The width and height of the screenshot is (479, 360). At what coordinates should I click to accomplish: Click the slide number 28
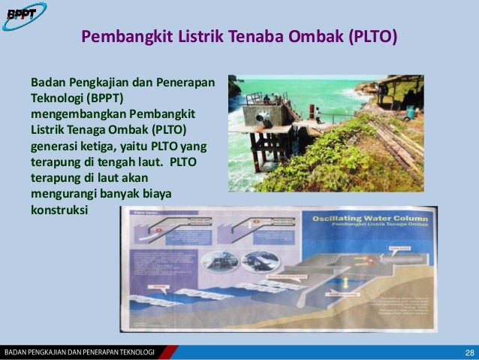469,352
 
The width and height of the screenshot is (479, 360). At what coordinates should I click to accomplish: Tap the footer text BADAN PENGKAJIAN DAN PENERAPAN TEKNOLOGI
79,352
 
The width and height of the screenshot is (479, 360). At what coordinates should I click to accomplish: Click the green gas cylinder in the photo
410,112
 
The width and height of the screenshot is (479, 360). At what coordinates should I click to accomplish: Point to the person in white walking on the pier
318,115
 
